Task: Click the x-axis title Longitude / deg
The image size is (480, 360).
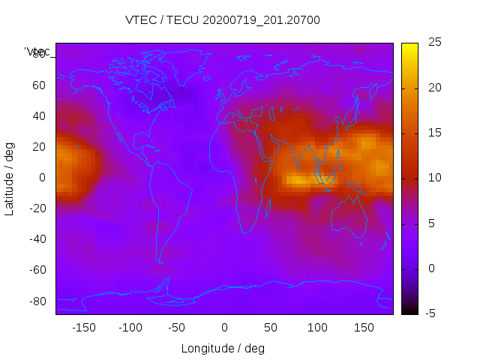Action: pyautogui.click(x=223, y=349)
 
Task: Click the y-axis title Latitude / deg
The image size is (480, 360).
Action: pyautogui.click(x=10, y=178)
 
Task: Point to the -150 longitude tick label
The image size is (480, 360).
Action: pyautogui.click(x=84, y=328)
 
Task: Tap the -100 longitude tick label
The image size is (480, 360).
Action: pyautogui.click(x=130, y=328)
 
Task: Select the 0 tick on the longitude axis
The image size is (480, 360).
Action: pyautogui.click(x=224, y=328)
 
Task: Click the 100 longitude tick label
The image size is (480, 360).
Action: pyautogui.click(x=317, y=328)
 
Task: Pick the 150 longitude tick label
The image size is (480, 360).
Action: pyautogui.click(x=364, y=328)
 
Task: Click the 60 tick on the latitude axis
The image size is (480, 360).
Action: pyautogui.click(x=38, y=85)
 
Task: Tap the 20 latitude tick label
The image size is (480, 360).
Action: pyautogui.click(x=38, y=147)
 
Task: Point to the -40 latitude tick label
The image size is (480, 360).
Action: pyautogui.click(x=35, y=239)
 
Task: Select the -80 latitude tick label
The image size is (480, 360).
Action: pyautogui.click(x=35, y=301)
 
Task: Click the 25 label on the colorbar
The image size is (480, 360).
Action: pyautogui.click(x=433, y=43)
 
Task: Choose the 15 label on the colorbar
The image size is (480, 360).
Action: pyautogui.click(x=433, y=133)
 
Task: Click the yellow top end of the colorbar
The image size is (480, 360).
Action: pyautogui.click(x=409, y=46)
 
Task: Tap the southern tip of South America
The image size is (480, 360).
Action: pyautogui.click(x=160, y=260)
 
